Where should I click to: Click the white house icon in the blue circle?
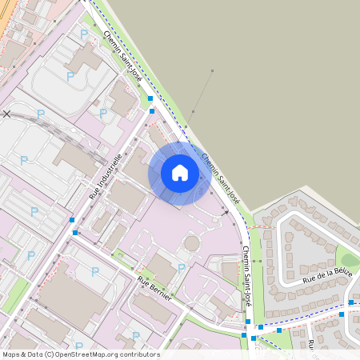click(179, 172)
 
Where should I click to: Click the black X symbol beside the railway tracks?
click(7, 114)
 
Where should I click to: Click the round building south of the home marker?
click(192, 242)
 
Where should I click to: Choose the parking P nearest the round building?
click(182, 268)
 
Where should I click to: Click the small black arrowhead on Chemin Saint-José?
click(227, 213)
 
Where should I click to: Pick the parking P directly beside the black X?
click(24, 160)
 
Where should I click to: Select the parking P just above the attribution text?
click(135, 337)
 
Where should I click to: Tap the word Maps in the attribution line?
click(12, 354)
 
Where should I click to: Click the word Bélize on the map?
click(341, 268)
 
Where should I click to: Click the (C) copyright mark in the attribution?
click(50, 354)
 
